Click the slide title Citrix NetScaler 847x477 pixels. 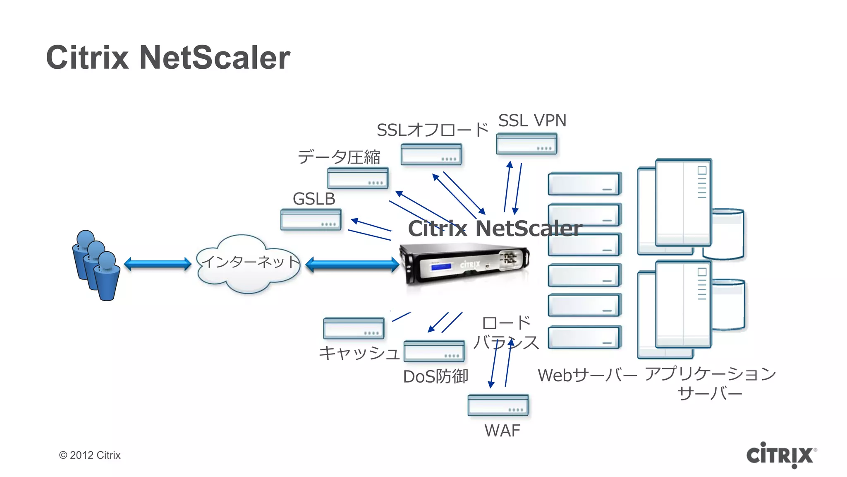pyautogui.click(x=168, y=58)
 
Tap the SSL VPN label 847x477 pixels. pyautogui.click(x=532, y=120)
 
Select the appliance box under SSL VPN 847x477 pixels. pyautogui.click(x=526, y=144)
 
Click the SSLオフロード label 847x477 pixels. pyautogui.click(x=432, y=130)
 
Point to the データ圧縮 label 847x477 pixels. pyautogui.click(x=339, y=157)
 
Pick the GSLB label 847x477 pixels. pyautogui.click(x=314, y=199)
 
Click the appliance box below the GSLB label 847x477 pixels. pyautogui.click(x=311, y=219)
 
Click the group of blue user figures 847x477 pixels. pyautogui.click(x=96, y=265)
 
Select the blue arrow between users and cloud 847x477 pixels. pyautogui.click(x=158, y=264)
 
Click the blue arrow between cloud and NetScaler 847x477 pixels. pyautogui.click(x=352, y=265)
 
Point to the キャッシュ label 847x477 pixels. pyautogui.click(x=359, y=353)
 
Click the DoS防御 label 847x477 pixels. pyautogui.click(x=435, y=376)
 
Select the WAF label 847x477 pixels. pyautogui.click(x=502, y=431)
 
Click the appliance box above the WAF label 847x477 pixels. pyautogui.click(x=498, y=405)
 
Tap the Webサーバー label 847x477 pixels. pyautogui.click(x=587, y=376)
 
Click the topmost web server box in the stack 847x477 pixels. pyautogui.click(x=584, y=184)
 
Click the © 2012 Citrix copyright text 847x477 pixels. pyautogui.click(x=90, y=455)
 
